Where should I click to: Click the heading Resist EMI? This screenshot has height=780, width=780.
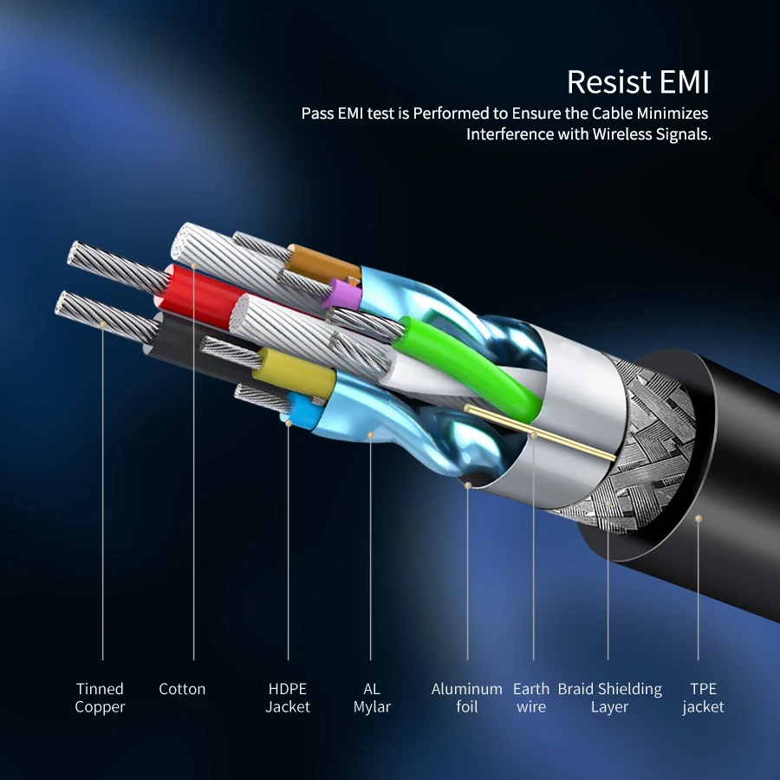coord(638,81)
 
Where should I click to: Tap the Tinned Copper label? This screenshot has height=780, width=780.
coord(100,698)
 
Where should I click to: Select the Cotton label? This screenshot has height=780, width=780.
coord(182,689)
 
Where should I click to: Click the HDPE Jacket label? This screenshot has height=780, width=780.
coord(287,698)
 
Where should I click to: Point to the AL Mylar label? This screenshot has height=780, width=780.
coord(372,698)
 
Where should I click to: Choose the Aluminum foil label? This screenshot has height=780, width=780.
coord(466,698)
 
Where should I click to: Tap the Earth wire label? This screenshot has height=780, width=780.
coord(531,698)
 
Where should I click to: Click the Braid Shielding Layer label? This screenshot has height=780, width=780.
coord(609,698)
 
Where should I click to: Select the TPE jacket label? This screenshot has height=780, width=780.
coord(703,698)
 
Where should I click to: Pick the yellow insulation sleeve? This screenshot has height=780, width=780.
coord(295,374)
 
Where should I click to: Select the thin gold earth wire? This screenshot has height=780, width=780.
coord(537,431)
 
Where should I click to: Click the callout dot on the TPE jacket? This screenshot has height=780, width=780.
coord(699,517)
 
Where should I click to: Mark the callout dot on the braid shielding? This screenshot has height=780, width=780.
coord(608,501)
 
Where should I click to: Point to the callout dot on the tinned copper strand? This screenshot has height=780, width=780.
coord(103,324)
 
